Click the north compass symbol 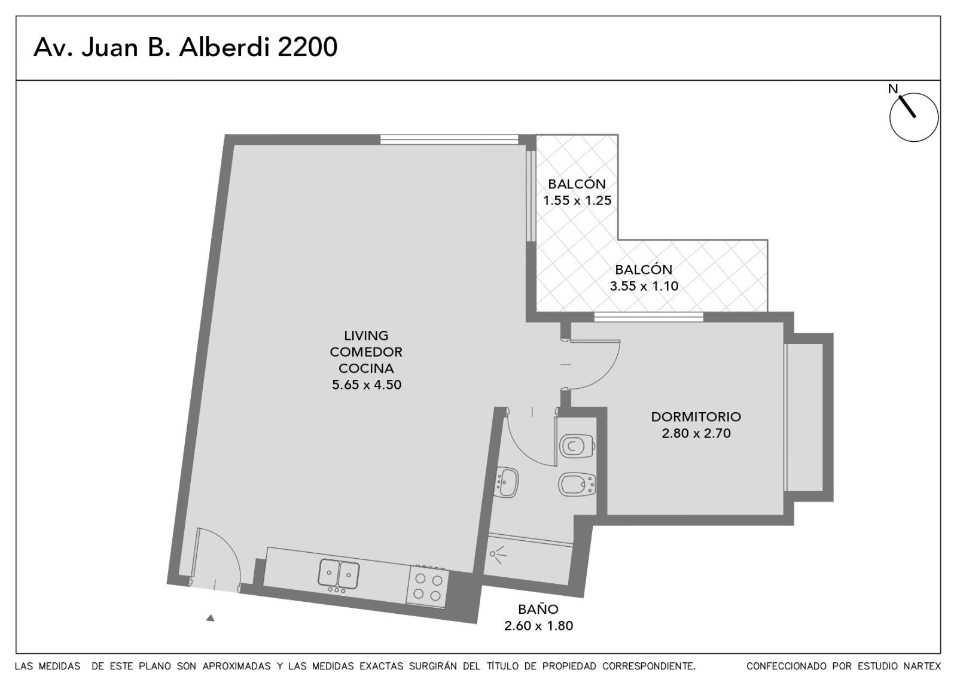click(914, 117)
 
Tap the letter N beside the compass click(892, 89)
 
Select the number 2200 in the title click(307, 47)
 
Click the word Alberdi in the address click(224, 47)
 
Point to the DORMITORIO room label click(696, 416)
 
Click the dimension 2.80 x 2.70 click(696, 433)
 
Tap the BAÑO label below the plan click(538, 609)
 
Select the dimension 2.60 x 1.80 click(538, 626)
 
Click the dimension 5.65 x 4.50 click(367, 385)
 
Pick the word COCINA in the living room click(366, 369)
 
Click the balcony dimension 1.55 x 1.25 click(577, 200)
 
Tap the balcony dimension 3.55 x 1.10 click(644, 286)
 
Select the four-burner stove click(427, 586)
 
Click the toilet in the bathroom click(577, 446)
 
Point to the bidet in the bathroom click(577, 485)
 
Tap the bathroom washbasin click(507, 482)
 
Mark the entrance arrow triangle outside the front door click(210, 618)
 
